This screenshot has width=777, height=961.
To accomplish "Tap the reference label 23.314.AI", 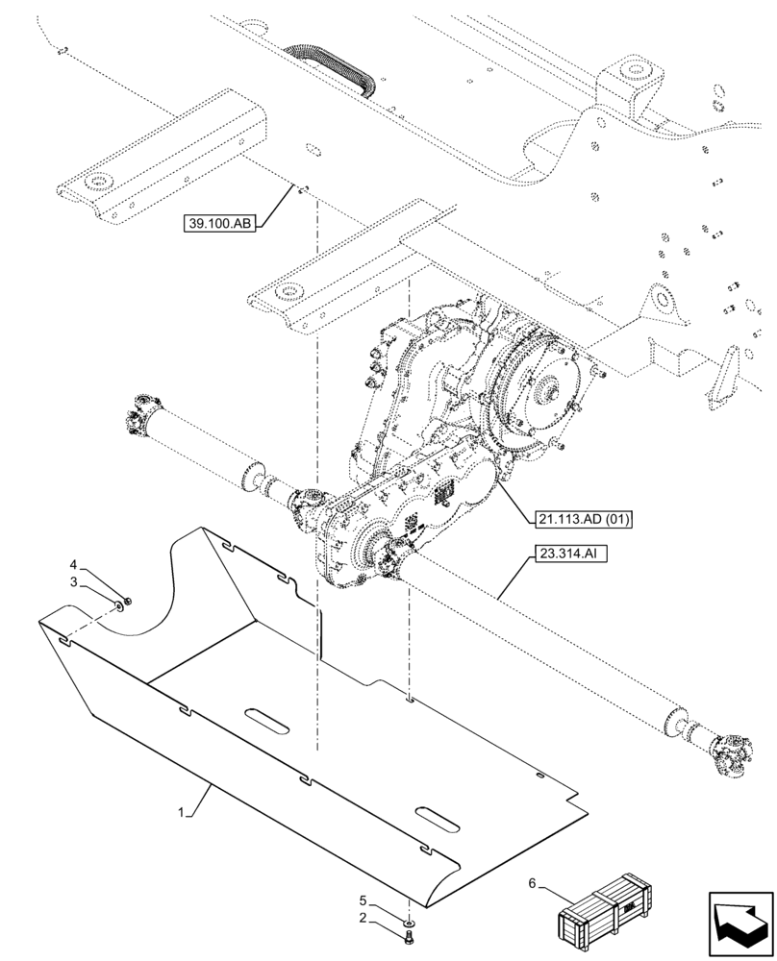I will (568, 555).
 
